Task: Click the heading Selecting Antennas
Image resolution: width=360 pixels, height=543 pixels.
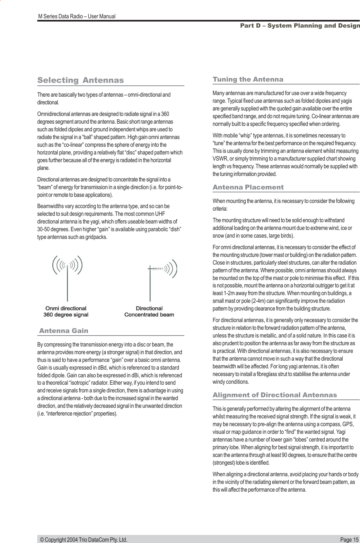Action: click(80, 80)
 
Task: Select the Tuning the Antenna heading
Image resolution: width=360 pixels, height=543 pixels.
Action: click(248, 79)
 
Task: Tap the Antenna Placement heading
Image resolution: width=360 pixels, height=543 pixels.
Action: click(248, 187)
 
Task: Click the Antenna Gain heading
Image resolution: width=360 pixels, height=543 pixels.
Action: click(64, 331)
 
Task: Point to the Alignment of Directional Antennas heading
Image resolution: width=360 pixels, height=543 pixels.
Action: click(275, 395)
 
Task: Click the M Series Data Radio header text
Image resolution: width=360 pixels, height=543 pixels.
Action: click(77, 16)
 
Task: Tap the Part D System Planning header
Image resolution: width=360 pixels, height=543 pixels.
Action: click(300, 26)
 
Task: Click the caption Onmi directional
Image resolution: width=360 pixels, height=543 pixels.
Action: click(66, 309)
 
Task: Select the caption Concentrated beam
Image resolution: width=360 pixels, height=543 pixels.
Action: click(149, 315)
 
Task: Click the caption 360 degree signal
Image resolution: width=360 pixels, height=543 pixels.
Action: click(66, 315)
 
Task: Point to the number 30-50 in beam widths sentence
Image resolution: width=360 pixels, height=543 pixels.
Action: click(44, 230)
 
